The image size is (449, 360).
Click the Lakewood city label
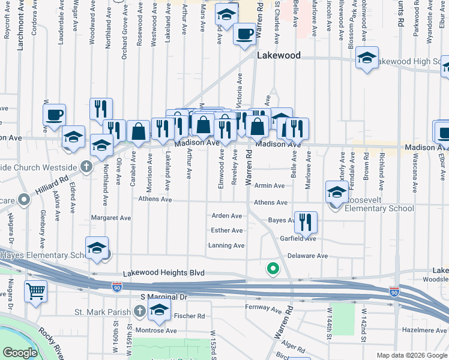279,55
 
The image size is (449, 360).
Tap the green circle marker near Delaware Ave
273,268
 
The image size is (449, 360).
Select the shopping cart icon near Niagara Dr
36,292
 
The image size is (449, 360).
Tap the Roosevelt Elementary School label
379,209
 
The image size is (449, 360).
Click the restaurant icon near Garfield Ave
306,222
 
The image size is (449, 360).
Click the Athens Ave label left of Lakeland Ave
155,199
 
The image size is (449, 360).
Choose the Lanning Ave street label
226,245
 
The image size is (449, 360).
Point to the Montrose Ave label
155,331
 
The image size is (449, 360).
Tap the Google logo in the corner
20,353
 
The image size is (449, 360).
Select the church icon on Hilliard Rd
86,166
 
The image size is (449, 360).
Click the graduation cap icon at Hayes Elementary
97,248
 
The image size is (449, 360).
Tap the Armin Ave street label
269,186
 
